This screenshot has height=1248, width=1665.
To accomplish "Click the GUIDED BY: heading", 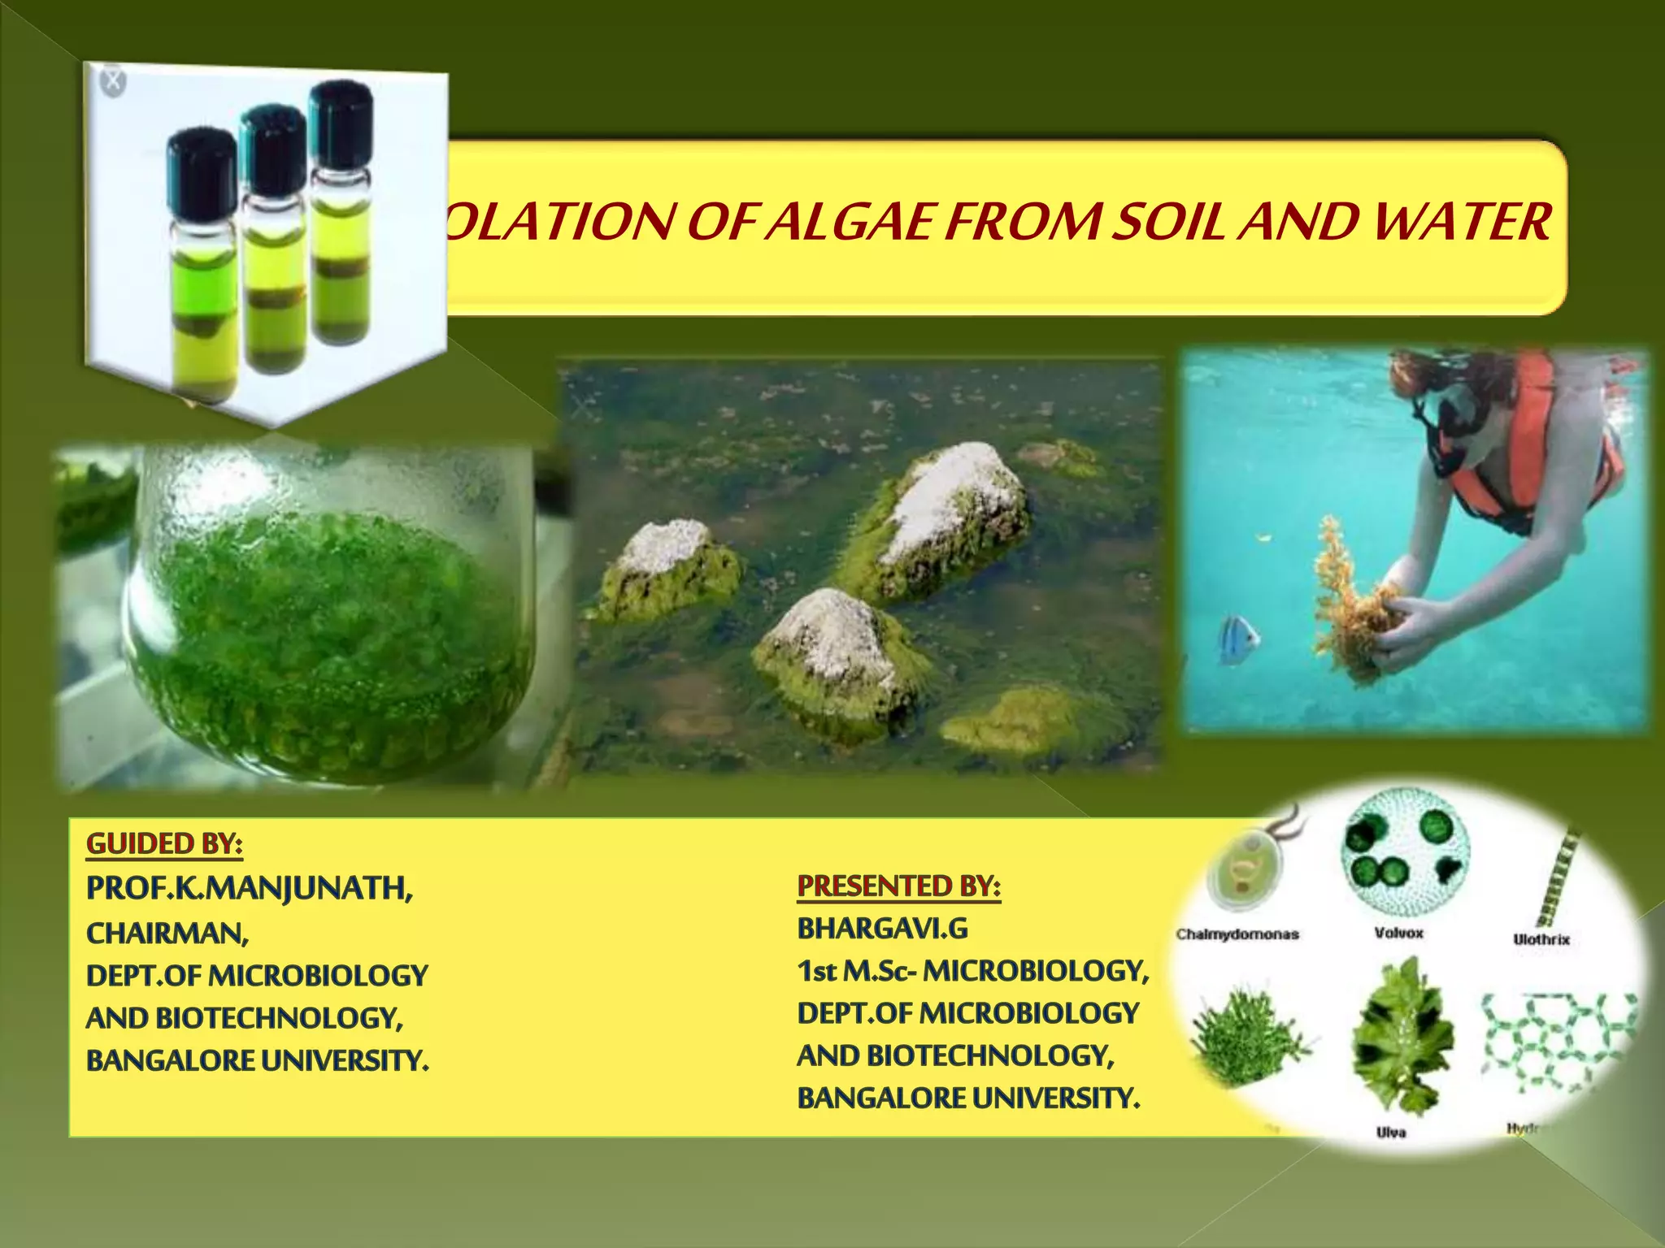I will [164, 844].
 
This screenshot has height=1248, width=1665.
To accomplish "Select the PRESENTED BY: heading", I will [898, 886].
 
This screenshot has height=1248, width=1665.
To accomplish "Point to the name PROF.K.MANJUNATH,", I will [250, 888].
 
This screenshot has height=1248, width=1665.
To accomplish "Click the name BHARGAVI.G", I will [882, 929].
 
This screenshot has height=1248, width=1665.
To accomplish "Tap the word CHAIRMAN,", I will [167, 934].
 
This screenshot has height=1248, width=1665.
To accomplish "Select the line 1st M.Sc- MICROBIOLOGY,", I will [972, 971].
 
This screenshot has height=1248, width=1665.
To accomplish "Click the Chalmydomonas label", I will [1237, 934].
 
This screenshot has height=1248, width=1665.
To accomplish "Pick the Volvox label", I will [1398, 934].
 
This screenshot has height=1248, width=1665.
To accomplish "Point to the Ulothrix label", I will [1541, 939].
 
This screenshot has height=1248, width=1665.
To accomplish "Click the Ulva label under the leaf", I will [1391, 1132].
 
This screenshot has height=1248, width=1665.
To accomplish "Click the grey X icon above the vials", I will [113, 81].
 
